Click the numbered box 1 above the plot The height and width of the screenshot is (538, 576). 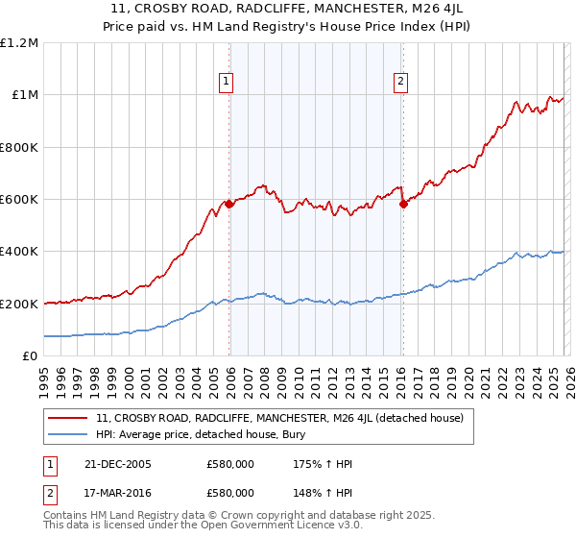point(227,82)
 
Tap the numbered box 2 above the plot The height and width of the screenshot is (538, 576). point(399,82)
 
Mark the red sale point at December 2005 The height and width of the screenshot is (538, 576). point(229,205)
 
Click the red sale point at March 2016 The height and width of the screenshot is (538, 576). point(402,205)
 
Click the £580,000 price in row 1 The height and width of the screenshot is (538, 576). point(230,464)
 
